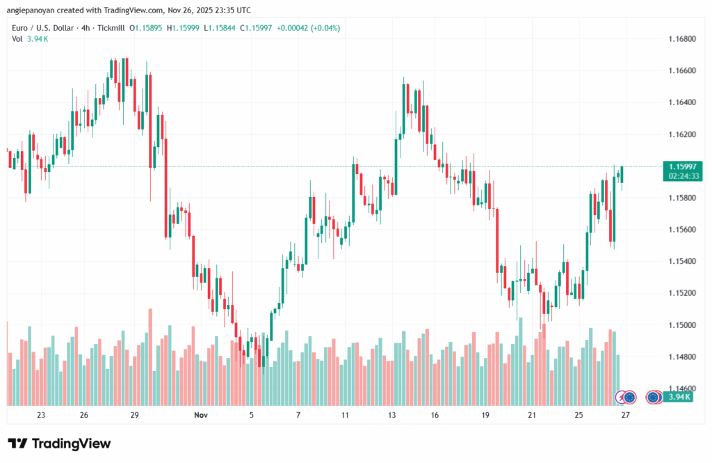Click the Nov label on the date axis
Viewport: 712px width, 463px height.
pos(201,415)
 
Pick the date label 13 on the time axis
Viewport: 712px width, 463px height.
pos(392,415)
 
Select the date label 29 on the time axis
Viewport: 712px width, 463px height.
pos(135,415)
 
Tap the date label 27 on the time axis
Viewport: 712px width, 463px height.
pos(625,415)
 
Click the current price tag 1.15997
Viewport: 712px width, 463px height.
pos(683,166)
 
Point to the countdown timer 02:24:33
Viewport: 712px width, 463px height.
pos(683,176)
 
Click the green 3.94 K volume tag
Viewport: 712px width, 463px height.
pos(677,397)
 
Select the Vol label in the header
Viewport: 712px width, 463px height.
pos(17,39)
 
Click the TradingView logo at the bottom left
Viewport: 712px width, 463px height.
pos(59,444)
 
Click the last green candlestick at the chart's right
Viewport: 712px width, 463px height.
pos(622,175)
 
